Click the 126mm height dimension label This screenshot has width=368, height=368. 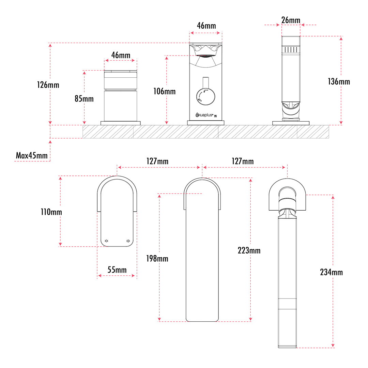point(48,85)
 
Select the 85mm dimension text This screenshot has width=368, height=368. point(84,99)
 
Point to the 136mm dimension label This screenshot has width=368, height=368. point(339,81)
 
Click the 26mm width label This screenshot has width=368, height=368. point(291,20)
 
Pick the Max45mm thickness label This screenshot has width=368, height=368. point(32,156)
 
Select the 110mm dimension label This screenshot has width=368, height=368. point(51,212)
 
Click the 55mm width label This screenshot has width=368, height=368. point(117,270)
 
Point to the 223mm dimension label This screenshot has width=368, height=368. point(249,250)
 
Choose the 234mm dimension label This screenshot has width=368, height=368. point(332,272)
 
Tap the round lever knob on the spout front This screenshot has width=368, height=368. point(206,96)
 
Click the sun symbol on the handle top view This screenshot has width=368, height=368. point(107,241)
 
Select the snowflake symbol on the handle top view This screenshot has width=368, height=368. point(128,241)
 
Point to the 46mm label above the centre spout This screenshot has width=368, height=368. point(206,26)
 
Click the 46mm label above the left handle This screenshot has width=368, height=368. point(121,55)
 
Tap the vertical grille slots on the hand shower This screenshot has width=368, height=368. point(290,50)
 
